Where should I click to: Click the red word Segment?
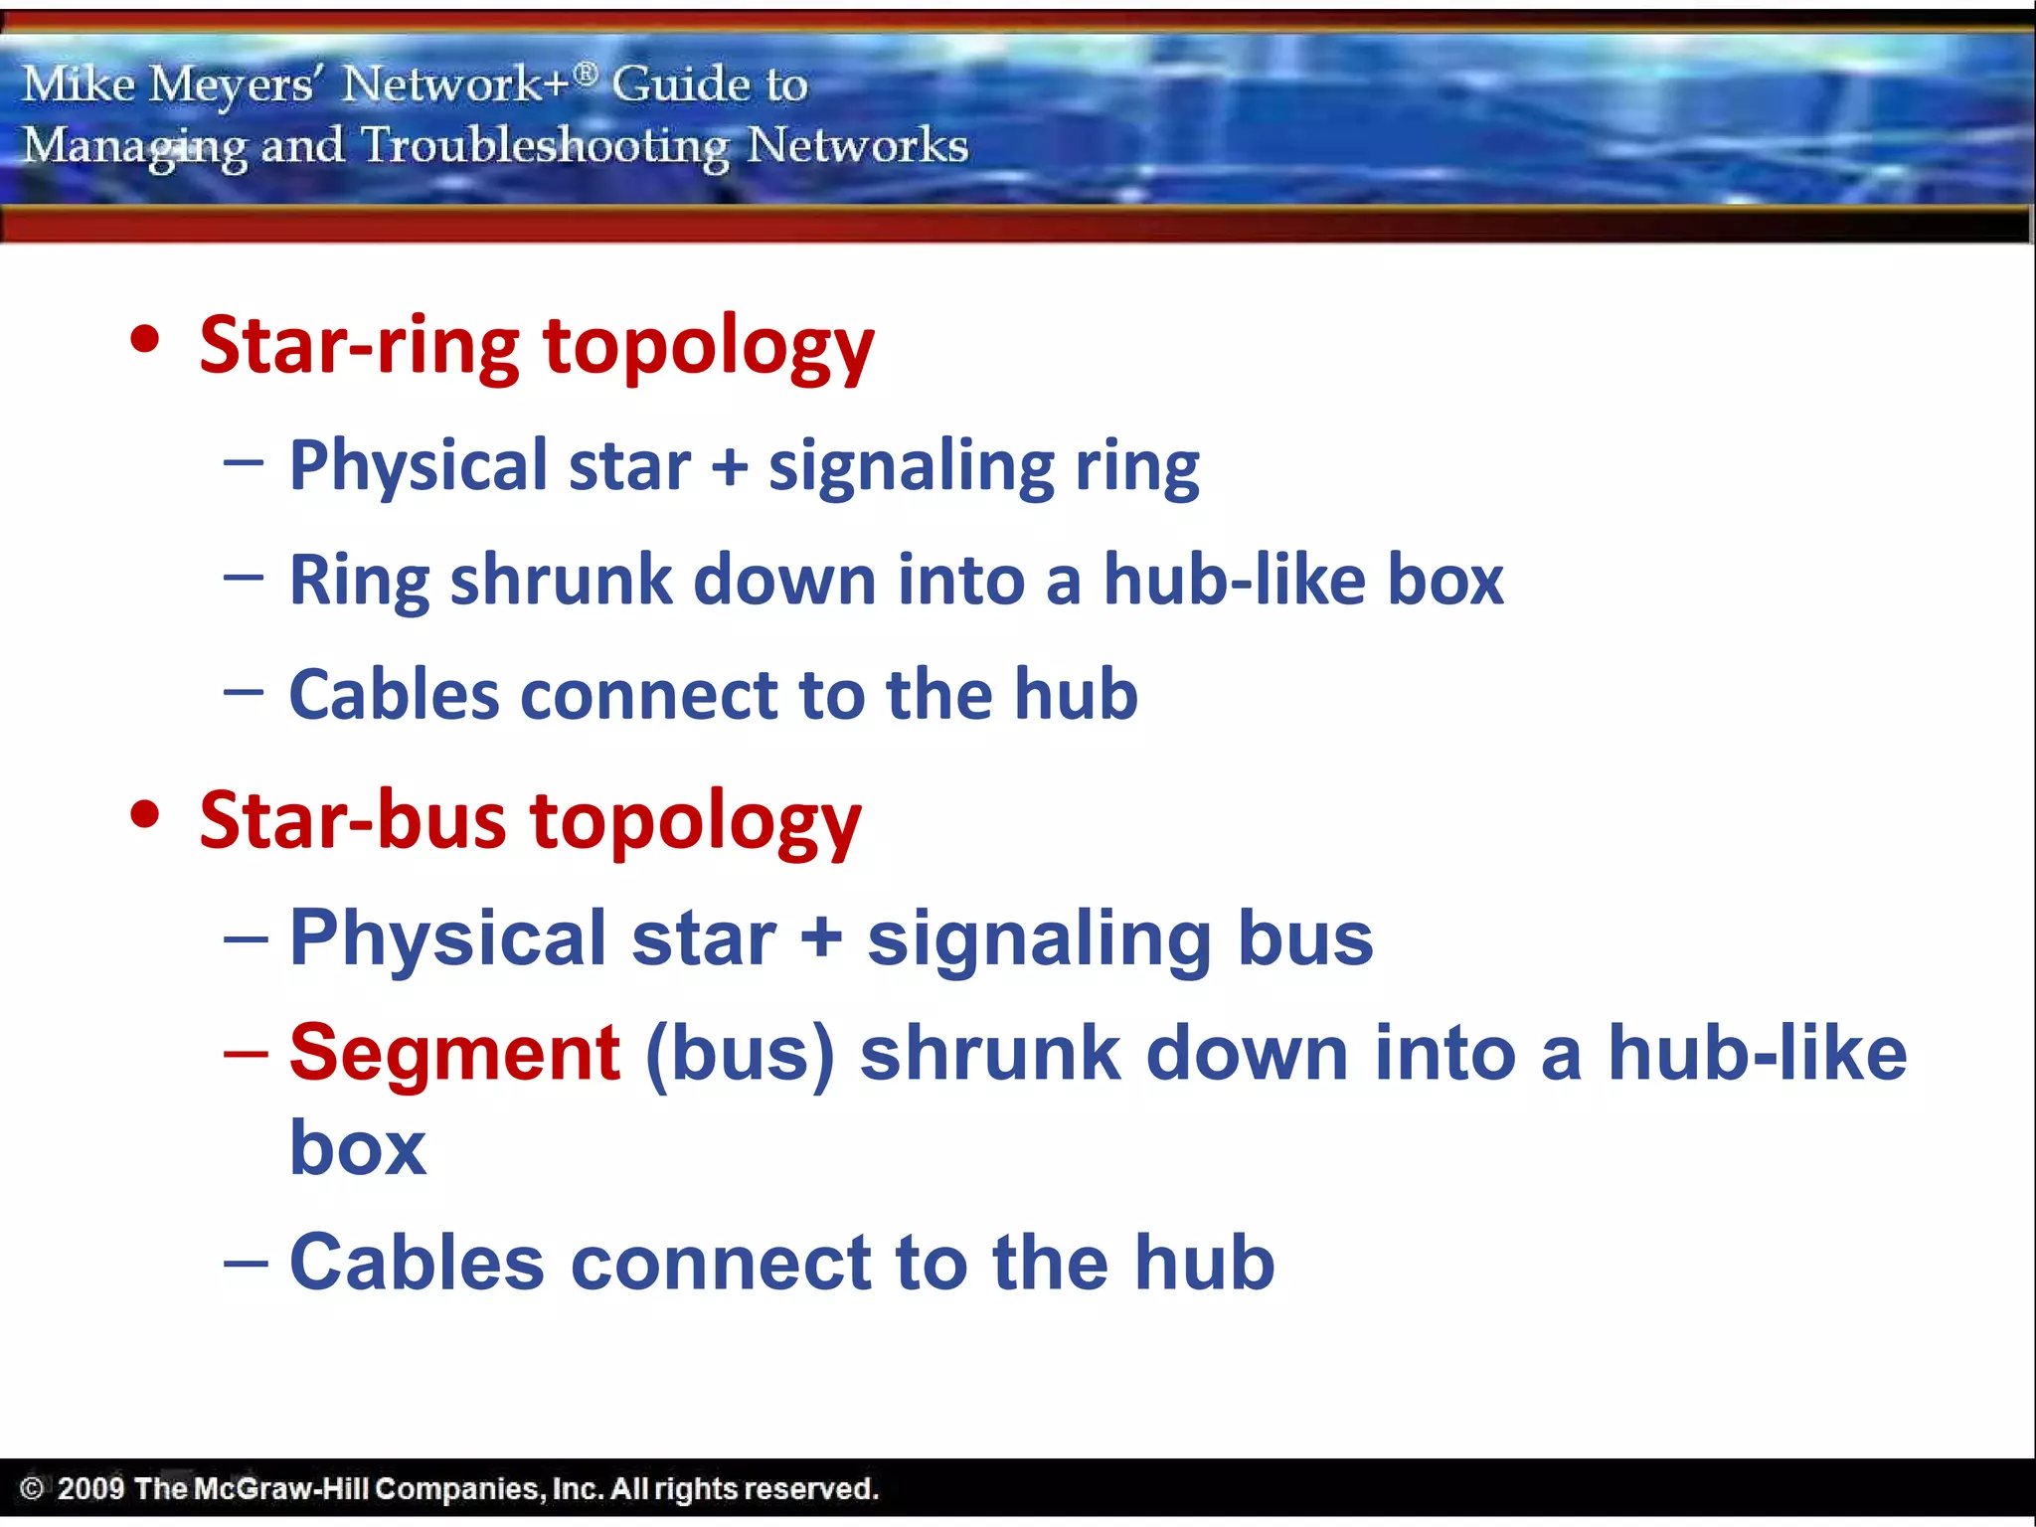coord(454,1054)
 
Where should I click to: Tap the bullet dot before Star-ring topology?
coord(145,340)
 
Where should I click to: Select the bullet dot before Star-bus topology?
coord(145,814)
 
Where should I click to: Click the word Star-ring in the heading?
coord(359,346)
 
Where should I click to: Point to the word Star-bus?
coord(352,821)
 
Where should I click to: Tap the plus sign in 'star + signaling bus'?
coord(821,938)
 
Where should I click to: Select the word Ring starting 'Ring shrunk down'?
coord(359,581)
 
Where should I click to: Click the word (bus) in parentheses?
coord(740,1054)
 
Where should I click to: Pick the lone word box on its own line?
coord(358,1148)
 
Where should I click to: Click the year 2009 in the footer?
coord(90,1488)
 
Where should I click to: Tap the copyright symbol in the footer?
coord(32,1488)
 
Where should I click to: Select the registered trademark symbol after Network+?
coord(587,73)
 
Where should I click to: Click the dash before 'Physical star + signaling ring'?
coord(244,462)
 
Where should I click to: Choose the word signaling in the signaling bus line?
coord(1039,938)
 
